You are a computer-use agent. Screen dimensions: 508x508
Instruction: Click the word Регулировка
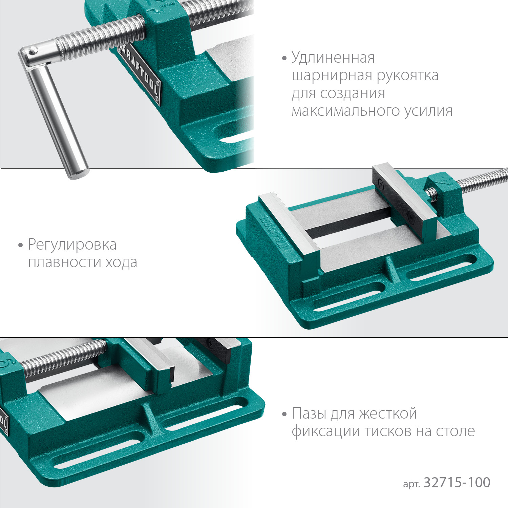72,245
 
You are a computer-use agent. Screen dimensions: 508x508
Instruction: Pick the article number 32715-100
457,483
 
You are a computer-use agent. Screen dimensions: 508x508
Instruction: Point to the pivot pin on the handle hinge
33,51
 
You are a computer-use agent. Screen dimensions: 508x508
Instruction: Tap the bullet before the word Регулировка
21,245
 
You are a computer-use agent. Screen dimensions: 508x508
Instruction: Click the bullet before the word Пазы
284,414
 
